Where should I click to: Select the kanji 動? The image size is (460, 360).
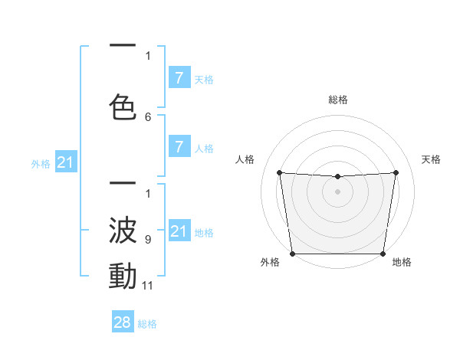tap(123, 277)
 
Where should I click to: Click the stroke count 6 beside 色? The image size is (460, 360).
tap(148, 117)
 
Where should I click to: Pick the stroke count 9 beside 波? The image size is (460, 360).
tap(148, 240)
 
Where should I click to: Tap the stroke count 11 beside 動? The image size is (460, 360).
tap(148, 286)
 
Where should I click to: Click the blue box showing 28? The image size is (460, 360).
tap(122, 322)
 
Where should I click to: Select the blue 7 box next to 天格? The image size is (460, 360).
tap(179, 78)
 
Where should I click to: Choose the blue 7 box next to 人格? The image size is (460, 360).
tap(179, 147)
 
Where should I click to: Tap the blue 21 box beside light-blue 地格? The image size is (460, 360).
tap(179, 231)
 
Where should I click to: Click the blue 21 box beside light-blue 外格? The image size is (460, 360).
tap(65, 162)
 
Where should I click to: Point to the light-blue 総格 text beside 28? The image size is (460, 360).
tap(148, 324)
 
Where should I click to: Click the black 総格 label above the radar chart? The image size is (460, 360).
tap(338, 100)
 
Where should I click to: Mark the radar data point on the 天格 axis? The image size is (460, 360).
tap(396, 172)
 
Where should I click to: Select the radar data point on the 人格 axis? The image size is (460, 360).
tap(280, 173)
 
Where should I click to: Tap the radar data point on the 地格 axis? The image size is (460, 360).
tap(383, 254)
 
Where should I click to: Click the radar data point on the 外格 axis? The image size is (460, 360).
tap(293, 254)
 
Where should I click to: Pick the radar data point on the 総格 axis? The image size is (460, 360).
tap(338, 177)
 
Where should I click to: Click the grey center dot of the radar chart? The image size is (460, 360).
tap(338, 191)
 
